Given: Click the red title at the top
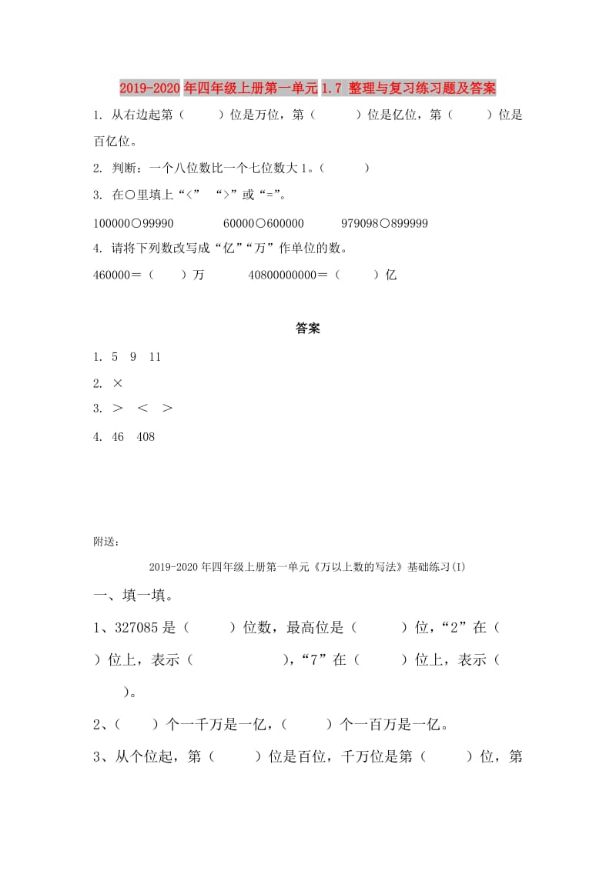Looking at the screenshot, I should [308, 88].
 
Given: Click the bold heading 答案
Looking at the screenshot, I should [308, 329].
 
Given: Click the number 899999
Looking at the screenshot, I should [408, 223].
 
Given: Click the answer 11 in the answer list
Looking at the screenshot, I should [155, 357].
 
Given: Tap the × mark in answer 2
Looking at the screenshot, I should [118, 383].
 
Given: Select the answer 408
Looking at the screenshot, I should [146, 436].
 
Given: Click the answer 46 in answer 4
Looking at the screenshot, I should [118, 436].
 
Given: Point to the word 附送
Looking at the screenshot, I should [105, 542].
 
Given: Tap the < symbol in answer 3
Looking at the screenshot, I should [142, 409].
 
